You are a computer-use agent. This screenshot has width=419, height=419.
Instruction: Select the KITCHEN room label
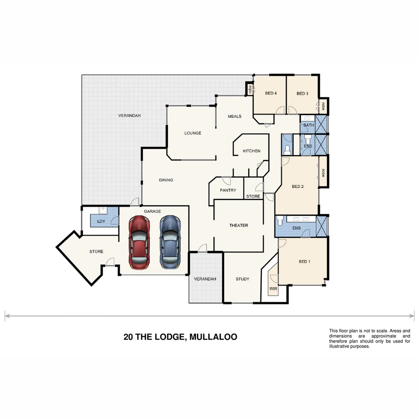(251, 151)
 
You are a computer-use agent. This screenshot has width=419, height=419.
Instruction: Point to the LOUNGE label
(193, 133)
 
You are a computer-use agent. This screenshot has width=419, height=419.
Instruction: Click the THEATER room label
(239, 225)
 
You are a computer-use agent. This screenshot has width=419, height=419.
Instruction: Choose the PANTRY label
(228, 190)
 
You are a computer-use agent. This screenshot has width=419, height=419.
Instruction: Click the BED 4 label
(271, 93)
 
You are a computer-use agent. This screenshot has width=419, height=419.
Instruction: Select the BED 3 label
(302, 93)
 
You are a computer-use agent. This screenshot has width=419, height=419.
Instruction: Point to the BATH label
(309, 125)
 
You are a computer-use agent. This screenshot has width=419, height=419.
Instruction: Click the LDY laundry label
(101, 222)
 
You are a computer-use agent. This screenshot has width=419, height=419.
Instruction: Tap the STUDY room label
(242, 279)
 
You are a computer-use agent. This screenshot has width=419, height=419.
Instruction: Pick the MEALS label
(234, 116)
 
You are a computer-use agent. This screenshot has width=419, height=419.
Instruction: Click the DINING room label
(166, 180)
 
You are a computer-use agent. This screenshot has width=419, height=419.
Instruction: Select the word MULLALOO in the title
(213, 337)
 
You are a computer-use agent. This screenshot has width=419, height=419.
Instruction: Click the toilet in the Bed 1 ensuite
(281, 221)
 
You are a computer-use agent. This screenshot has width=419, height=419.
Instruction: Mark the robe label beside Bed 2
(323, 172)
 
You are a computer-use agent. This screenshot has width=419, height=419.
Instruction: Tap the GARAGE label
(152, 211)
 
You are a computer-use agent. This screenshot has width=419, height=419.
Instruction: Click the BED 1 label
(304, 261)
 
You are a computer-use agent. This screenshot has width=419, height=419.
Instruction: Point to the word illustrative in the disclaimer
(341, 346)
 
